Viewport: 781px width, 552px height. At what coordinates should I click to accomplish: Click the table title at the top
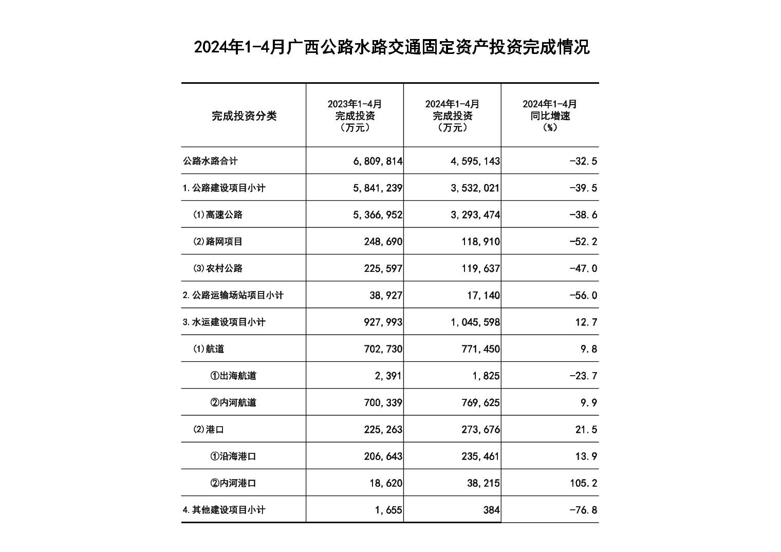(391, 47)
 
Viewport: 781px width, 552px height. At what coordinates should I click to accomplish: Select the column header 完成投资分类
(244, 116)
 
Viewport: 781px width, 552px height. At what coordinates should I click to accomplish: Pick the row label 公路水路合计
(211, 161)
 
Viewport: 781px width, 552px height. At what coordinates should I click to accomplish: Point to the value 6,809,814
(378, 161)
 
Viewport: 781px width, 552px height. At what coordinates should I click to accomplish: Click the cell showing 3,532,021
(475, 188)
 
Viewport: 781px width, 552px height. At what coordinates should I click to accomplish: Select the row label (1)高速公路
(218, 215)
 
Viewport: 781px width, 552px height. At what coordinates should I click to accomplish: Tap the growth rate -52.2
(583, 242)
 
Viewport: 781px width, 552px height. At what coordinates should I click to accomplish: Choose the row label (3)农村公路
(218, 268)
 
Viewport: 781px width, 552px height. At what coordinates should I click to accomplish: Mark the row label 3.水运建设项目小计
(224, 322)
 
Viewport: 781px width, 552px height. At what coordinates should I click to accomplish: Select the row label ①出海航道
(233, 376)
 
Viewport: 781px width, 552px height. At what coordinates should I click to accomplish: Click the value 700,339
(383, 402)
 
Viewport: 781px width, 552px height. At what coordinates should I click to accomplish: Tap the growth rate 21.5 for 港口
(586, 430)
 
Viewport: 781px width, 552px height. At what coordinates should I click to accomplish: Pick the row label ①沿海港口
(233, 456)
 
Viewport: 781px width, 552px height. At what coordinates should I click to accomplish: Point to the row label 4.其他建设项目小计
(224, 510)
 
